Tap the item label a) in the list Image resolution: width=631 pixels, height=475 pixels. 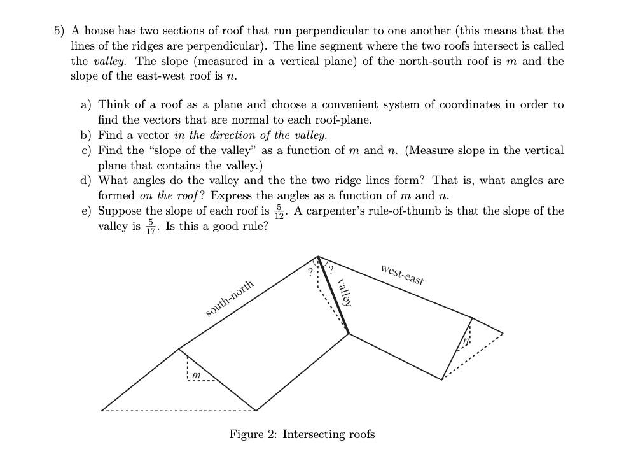(x=86, y=104)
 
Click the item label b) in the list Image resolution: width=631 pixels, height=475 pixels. (x=86, y=135)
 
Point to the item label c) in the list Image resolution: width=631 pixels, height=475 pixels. (x=86, y=150)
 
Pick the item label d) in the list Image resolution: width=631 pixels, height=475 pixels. (x=86, y=180)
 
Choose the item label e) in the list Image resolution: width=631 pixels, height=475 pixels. (x=86, y=211)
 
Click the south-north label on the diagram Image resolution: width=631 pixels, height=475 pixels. (x=230, y=298)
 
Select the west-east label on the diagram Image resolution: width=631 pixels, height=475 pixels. (x=402, y=274)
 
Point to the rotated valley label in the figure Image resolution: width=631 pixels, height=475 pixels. (x=344, y=292)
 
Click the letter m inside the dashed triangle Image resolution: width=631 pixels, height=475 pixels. (x=197, y=376)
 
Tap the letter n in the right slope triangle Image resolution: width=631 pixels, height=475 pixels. (x=466, y=341)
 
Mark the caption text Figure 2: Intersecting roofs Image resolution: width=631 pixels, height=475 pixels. (x=302, y=434)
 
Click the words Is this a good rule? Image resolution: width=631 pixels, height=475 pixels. (x=216, y=226)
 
